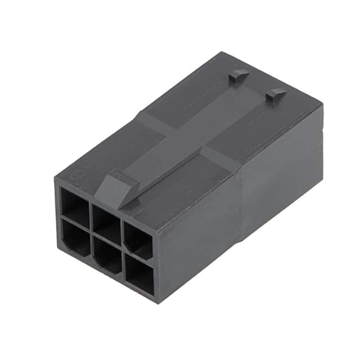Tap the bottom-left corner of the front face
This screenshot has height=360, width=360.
(x=58, y=249)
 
